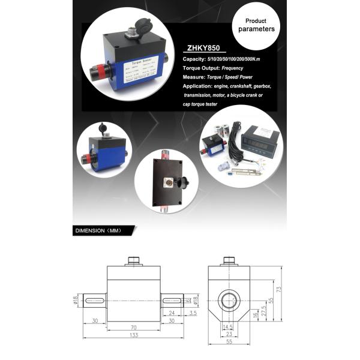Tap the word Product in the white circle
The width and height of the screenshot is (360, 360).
(256, 20)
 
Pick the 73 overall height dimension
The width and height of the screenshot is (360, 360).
(278, 290)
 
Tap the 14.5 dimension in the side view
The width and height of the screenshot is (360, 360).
(227, 327)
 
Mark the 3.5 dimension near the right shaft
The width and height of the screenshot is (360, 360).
(193, 313)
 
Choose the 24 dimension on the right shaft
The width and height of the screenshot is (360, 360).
(172, 313)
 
